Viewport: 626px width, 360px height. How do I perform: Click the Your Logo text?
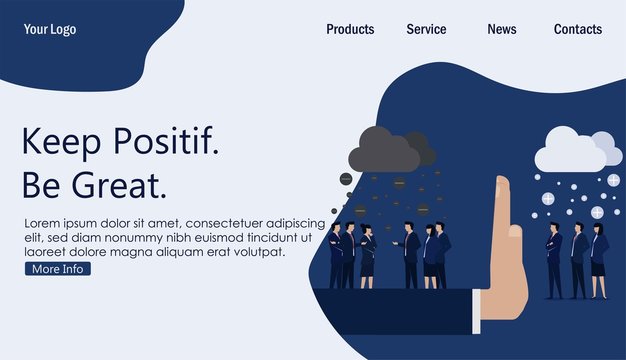pos(50,29)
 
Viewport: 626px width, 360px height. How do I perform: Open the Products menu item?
pos(350,29)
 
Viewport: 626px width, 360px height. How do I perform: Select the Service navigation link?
pos(426,29)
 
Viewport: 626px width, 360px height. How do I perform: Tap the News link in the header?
pos(502,29)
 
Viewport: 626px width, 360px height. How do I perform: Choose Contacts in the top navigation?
pos(578,29)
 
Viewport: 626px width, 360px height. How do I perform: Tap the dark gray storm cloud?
pos(390,150)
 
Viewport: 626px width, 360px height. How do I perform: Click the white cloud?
pos(572,152)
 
